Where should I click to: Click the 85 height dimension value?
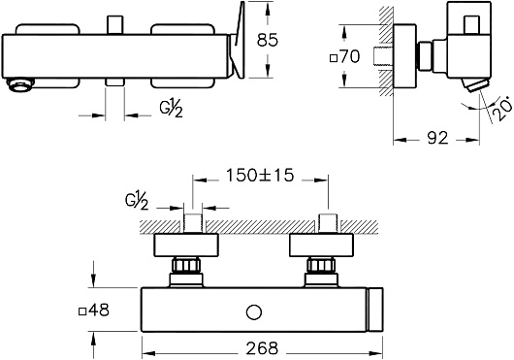[x=267, y=40]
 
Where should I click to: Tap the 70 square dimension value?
[x=349, y=56]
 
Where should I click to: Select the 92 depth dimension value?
[x=437, y=138]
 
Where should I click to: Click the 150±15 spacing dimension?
[x=260, y=175]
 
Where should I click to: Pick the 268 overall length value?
[x=262, y=348]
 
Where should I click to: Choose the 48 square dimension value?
[x=99, y=310]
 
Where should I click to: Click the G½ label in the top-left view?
[x=171, y=109]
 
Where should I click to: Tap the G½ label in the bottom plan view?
[x=137, y=202]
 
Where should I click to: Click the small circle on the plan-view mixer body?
[x=254, y=312]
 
